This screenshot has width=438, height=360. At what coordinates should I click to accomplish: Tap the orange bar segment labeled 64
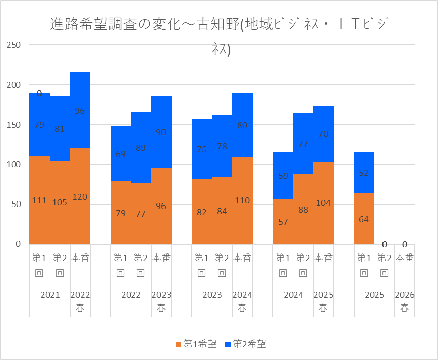click(x=364, y=219)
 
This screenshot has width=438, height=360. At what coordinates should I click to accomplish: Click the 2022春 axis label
click(x=80, y=301)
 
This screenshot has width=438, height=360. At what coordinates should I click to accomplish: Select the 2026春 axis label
click(x=405, y=301)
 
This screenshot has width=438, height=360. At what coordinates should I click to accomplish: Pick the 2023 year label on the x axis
click(x=212, y=295)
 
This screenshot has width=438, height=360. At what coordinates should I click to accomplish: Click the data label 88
click(x=303, y=210)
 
